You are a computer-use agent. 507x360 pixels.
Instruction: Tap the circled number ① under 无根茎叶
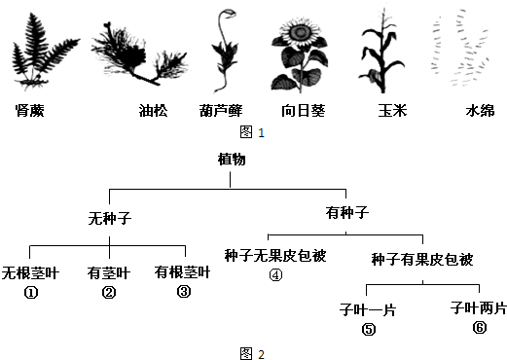coord(30,290)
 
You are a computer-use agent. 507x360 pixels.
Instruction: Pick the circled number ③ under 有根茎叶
coord(182,290)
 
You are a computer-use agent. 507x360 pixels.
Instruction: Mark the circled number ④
coord(275,274)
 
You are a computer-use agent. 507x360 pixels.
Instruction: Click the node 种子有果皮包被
coord(421,259)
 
